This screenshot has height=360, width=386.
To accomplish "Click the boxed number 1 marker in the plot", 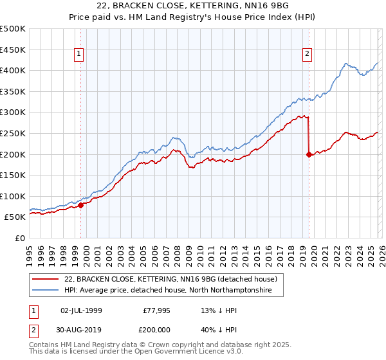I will [78, 55].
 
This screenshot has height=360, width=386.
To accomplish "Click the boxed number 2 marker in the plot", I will [308, 55].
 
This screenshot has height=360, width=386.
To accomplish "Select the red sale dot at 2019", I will [309, 154].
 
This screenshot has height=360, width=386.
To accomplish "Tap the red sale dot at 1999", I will [81, 205].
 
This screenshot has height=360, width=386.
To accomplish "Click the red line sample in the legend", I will [45, 279].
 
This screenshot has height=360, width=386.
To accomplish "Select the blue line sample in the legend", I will [45, 291].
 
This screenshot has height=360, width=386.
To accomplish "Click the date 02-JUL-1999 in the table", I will [80, 310].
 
